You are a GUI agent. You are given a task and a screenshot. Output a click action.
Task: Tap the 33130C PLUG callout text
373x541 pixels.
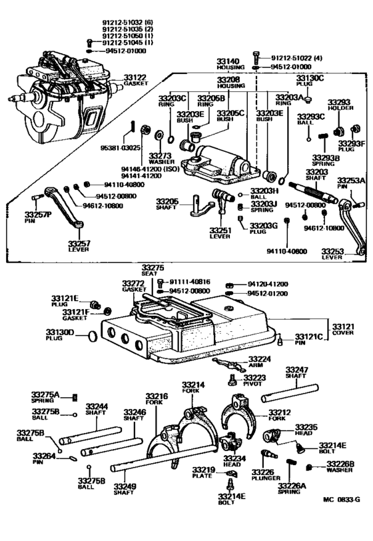[x=310, y=81]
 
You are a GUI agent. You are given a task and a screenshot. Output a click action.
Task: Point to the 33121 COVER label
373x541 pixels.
[x=343, y=328]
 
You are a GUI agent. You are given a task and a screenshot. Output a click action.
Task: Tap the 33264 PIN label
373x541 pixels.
[x=43, y=460]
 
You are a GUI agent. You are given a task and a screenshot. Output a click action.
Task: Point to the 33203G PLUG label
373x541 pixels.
[x=264, y=229]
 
